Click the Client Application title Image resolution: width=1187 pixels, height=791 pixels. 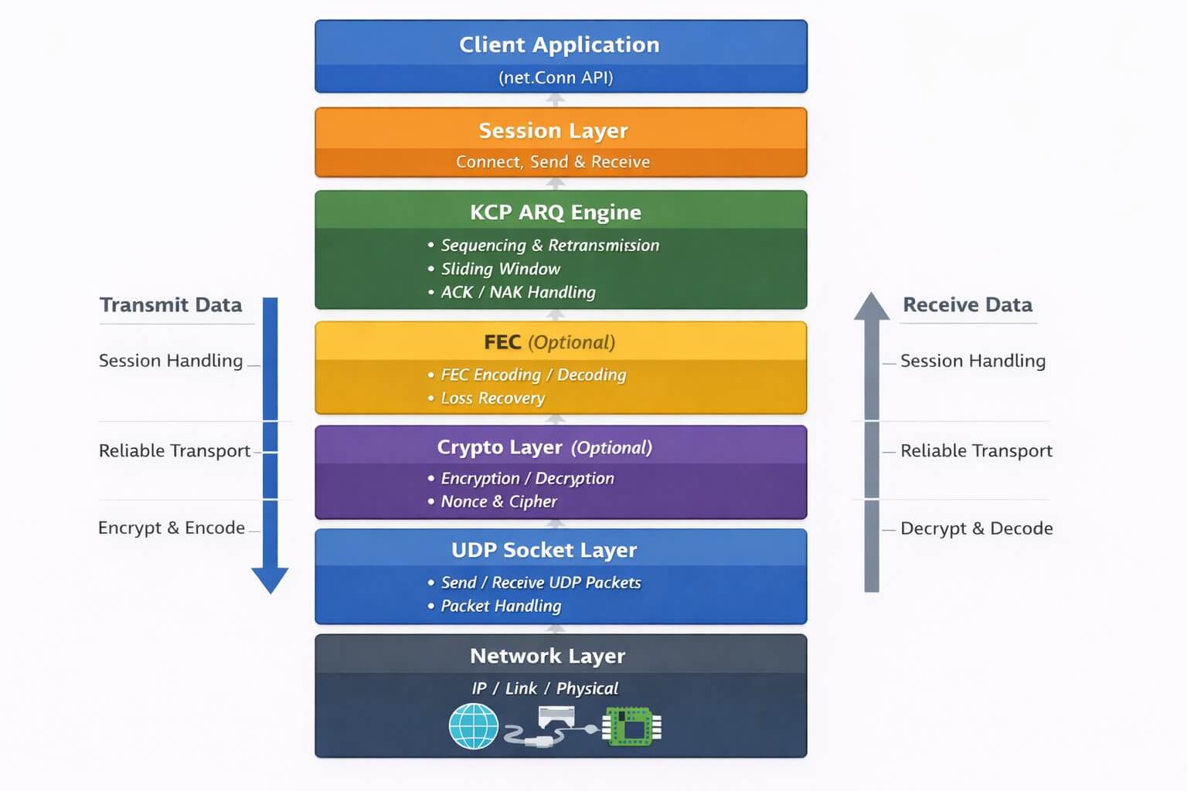559,45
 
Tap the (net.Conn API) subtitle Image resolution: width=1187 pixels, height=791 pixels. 556,78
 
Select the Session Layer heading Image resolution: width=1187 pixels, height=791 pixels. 553,131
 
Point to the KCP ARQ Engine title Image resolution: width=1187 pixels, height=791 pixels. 556,212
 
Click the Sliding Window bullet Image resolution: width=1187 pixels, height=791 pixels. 501,269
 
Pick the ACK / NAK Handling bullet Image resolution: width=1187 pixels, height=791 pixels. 519,293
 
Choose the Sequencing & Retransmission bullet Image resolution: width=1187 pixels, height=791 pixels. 550,246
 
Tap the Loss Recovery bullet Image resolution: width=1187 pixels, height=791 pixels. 493,399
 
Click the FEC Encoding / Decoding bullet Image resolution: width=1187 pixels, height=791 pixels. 534,375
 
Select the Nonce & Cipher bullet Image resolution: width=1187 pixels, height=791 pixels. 499,502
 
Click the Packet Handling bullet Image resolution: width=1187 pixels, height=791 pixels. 501,606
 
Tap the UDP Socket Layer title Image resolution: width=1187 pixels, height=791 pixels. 544,551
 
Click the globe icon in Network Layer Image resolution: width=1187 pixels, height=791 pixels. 473,726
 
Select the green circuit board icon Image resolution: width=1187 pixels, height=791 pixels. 632,726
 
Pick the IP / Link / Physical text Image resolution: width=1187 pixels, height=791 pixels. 545,688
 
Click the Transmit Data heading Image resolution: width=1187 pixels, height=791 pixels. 171,304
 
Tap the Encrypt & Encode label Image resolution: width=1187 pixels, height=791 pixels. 172,528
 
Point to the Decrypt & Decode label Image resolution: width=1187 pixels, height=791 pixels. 977,528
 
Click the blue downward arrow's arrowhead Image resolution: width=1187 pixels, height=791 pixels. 270,579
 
